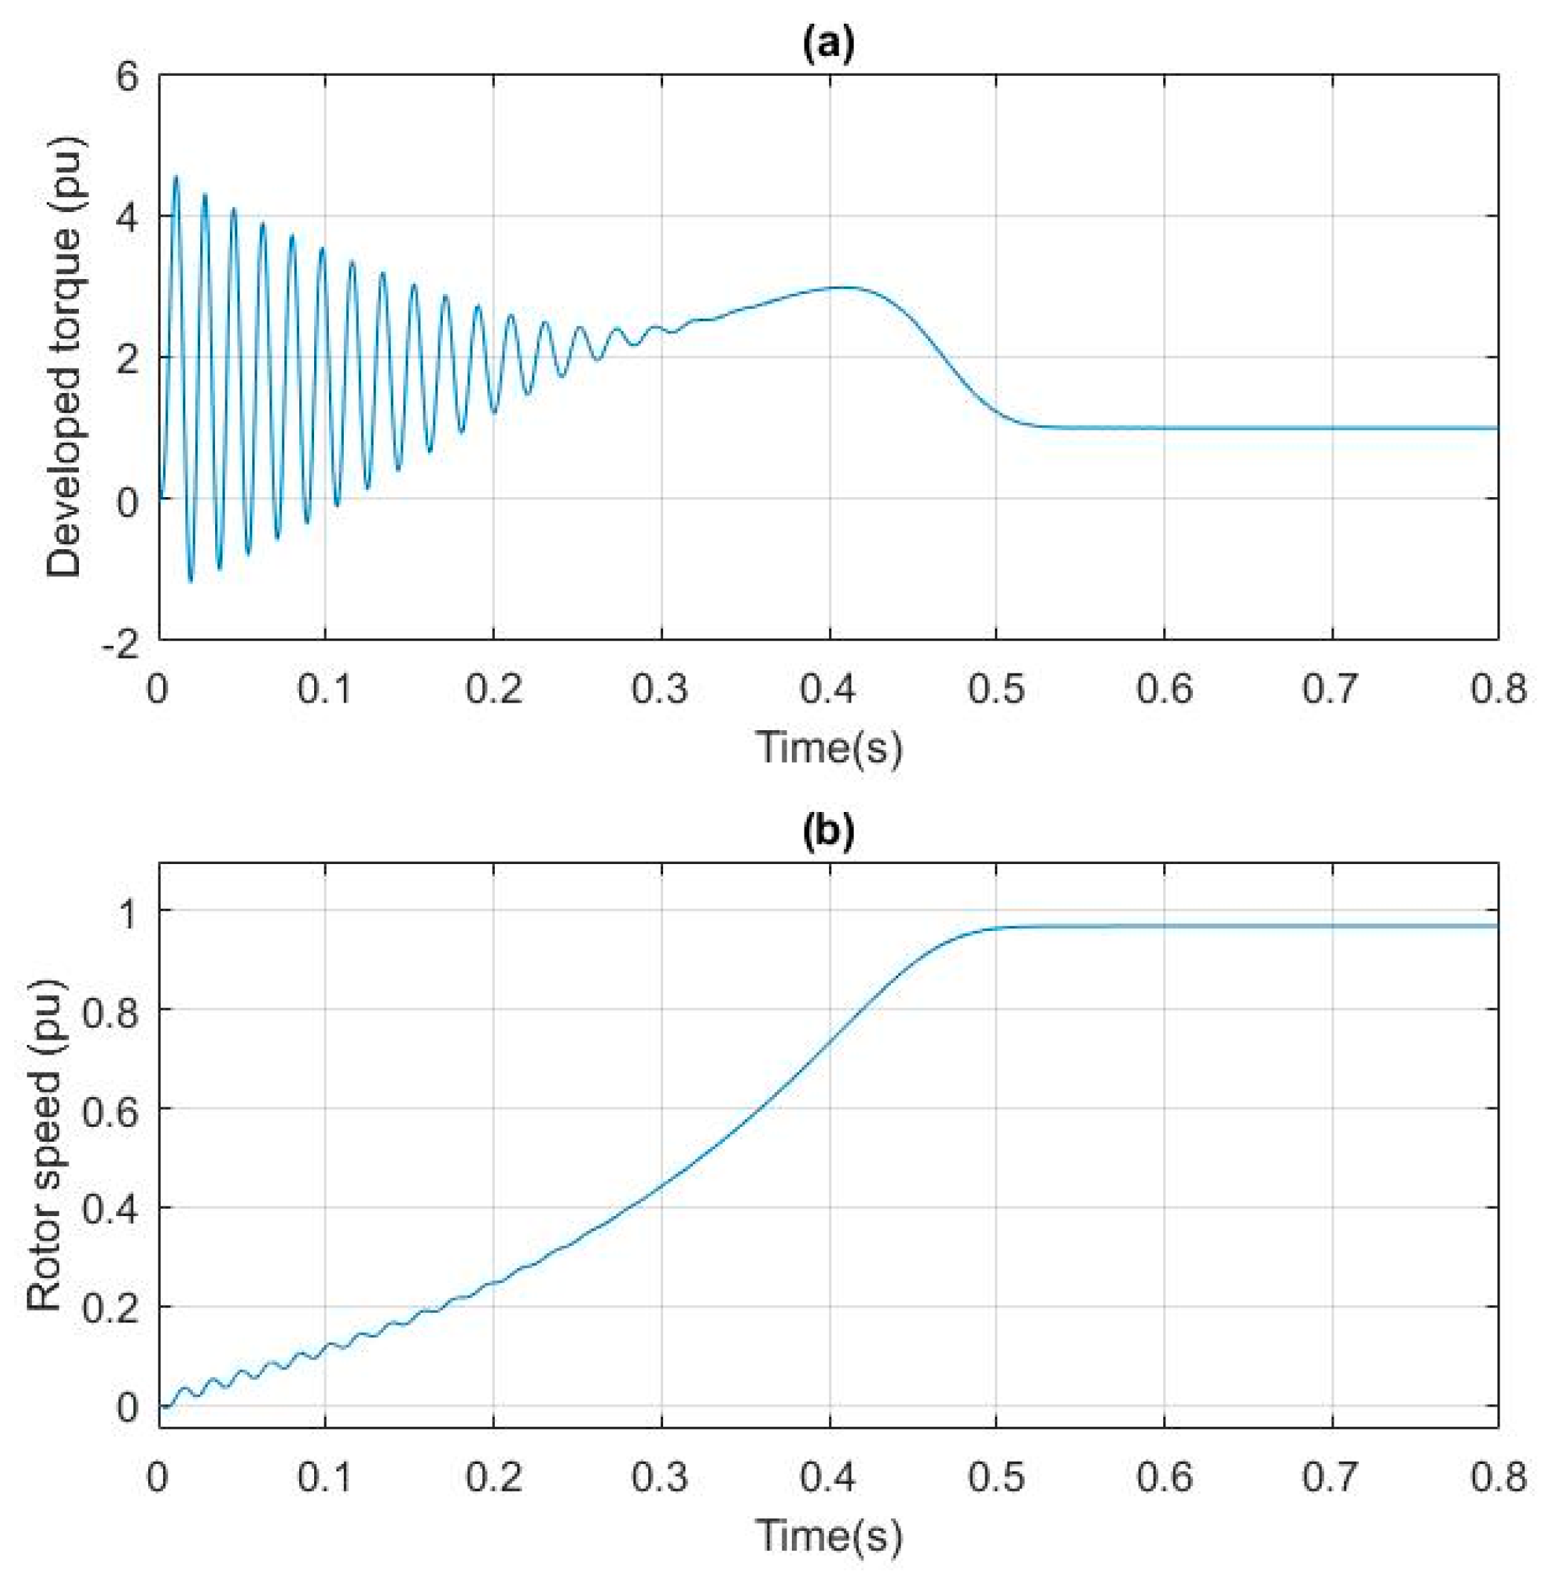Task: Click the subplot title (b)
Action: click(x=828, y=834)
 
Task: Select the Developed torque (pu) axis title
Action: click(x=65, y=356)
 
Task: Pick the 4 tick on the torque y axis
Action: click(x=129, y=216)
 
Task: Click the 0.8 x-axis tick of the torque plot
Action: click(x=1497, y=689)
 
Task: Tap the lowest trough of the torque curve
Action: click(x=190, y=581)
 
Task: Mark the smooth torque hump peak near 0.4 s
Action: click(x=847, y=287)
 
